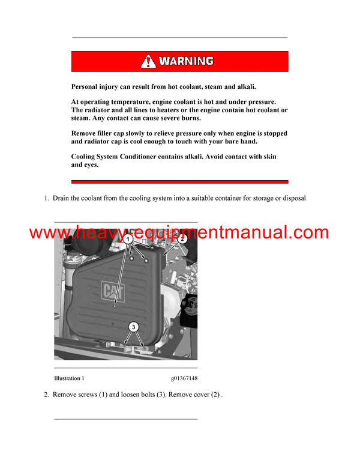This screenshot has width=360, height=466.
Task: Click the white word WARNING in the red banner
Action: [186, 61]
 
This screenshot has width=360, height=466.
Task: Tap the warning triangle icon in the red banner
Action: [148, 61]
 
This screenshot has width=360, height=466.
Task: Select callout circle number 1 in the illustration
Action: [128, 239]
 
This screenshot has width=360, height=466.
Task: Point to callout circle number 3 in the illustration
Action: [134, 327]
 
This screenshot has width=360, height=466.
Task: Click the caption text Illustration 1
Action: [69, 378]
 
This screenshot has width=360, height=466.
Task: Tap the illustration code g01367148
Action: [184, 378]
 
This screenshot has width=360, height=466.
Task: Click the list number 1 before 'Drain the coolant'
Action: [46, 198]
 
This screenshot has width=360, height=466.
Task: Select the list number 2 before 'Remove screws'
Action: [46, 395]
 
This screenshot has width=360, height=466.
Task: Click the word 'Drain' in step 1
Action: [62, 198]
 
